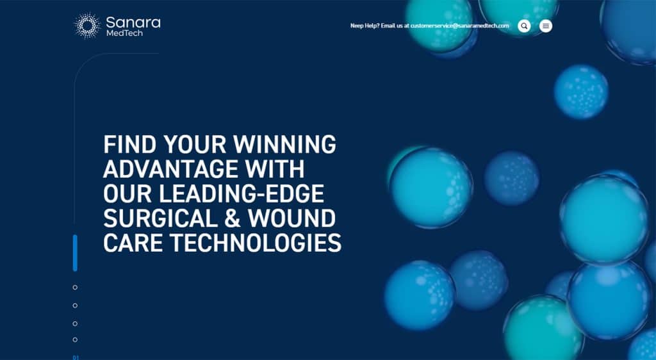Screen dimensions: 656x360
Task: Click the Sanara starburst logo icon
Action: coord(87,26)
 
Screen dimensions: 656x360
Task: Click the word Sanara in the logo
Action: coord(133,22)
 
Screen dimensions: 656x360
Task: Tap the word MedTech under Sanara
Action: coord(124,33)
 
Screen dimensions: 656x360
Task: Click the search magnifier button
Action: coord(524,26)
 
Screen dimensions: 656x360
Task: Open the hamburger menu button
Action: coord(546,26)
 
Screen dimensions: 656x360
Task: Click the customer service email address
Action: coord(460,26)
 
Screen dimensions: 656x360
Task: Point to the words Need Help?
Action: coord(365,26)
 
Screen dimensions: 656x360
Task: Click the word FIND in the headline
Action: coord(129,145)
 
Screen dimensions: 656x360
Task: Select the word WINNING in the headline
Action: coord(284,145)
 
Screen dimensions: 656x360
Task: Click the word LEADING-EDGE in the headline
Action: coord(242,194)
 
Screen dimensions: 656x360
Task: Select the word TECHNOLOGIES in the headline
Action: coord(255,243)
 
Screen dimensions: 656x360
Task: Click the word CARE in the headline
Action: coord(133,243)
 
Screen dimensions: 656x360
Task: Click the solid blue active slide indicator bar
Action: coord(75,253)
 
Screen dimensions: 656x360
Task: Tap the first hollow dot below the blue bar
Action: coord(75,287)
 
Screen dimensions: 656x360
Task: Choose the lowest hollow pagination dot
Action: coord(75,340)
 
